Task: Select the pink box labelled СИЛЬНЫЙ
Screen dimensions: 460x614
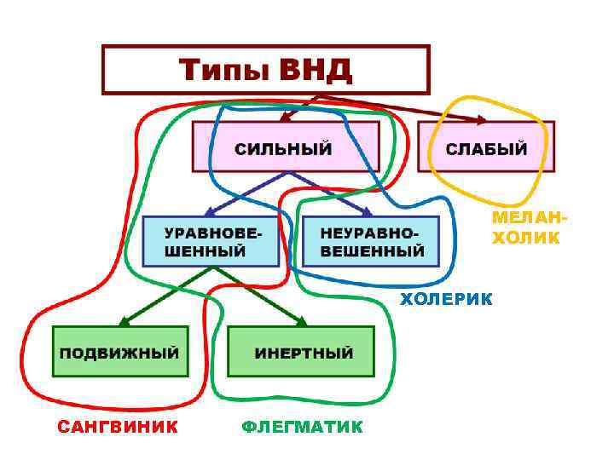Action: tap(284, 148)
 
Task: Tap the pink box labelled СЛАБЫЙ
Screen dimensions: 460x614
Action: tap(486, 148)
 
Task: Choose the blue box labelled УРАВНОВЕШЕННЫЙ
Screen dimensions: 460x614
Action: tap(211, 242)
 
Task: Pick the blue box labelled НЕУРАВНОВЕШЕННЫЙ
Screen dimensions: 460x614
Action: tap(371, 242)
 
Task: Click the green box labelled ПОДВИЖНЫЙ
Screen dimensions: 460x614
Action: tap(120, 352)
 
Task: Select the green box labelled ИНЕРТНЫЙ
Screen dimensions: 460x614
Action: tap(302, 352)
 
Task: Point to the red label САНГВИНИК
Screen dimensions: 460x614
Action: tap(118, 427)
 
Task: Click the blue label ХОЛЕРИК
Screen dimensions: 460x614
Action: tap(446, 298)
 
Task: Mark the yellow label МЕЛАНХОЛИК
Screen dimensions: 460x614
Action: tap(526, 228)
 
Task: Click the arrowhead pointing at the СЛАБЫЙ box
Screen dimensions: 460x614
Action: tap(481, 120)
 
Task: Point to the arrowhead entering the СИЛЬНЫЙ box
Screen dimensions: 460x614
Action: tap(287, 118)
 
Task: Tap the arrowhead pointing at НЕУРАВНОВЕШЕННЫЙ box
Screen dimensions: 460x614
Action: tap(366, 213)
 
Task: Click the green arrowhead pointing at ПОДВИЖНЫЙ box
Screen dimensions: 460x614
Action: tap(123, 322)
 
